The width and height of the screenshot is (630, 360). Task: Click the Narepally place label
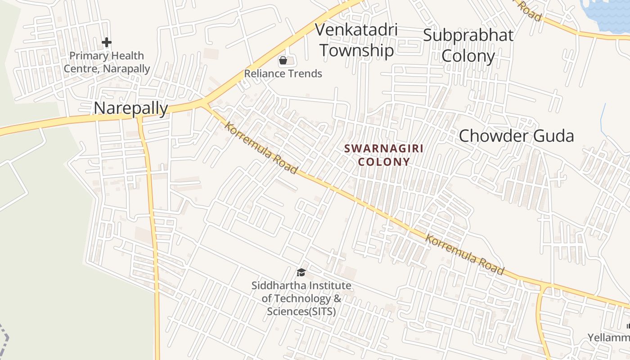[130, 108]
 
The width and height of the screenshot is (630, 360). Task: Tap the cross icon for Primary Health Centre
[106, 42]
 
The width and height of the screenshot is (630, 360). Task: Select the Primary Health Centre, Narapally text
[107, 62]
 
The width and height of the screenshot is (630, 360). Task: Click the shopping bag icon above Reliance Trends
[283, 60]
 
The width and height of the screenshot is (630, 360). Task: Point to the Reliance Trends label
[283, 73]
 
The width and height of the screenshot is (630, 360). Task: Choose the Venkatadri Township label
[356, 40]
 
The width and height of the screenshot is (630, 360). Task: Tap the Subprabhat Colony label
[468, 45]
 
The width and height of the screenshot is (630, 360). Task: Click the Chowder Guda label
[516, 135]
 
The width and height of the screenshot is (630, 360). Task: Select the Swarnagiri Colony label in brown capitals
[384, 155]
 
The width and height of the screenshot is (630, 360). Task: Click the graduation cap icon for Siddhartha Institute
[301, 272]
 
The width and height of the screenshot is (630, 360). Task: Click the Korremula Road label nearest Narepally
[261, 148]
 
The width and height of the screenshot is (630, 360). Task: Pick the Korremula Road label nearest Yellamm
[464, 255]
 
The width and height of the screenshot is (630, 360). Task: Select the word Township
[356, 50]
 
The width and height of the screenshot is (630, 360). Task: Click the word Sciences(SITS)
[301, 311]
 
